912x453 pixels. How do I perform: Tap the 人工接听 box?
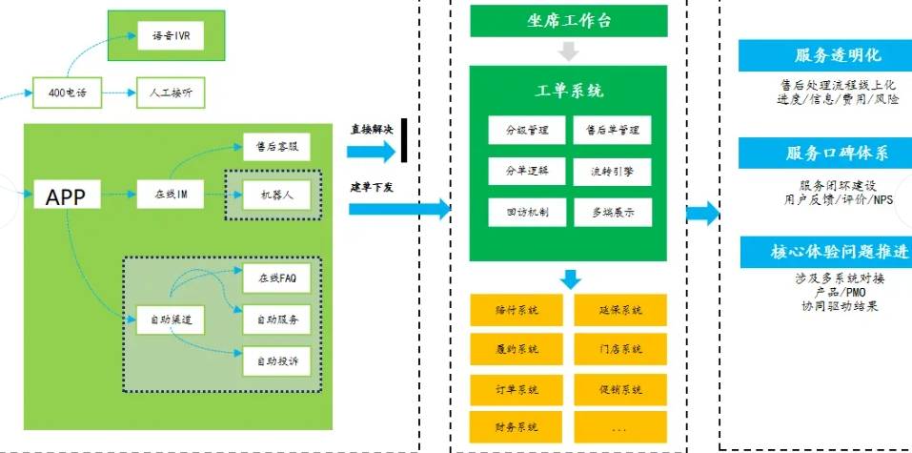click(x=172, y=93)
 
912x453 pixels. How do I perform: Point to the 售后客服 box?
click(x=276, y=148)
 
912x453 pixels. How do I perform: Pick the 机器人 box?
click(x=276, y=195)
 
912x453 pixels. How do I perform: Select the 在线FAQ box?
click(x=276, y=278)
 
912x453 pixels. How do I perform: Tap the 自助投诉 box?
click(x=276, y=362)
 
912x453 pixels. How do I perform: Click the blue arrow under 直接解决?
click(x=370, y=150)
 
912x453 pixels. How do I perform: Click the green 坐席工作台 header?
click(x=569, y=19)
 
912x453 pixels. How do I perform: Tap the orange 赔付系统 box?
click(x=516, y=310)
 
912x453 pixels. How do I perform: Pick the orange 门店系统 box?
click(x=620, y=349)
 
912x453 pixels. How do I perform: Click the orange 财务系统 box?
click(x=516, y=426)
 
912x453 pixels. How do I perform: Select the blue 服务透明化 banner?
click(x=825, y=56)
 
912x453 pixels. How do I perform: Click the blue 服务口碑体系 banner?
click(x=825, y=154)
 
